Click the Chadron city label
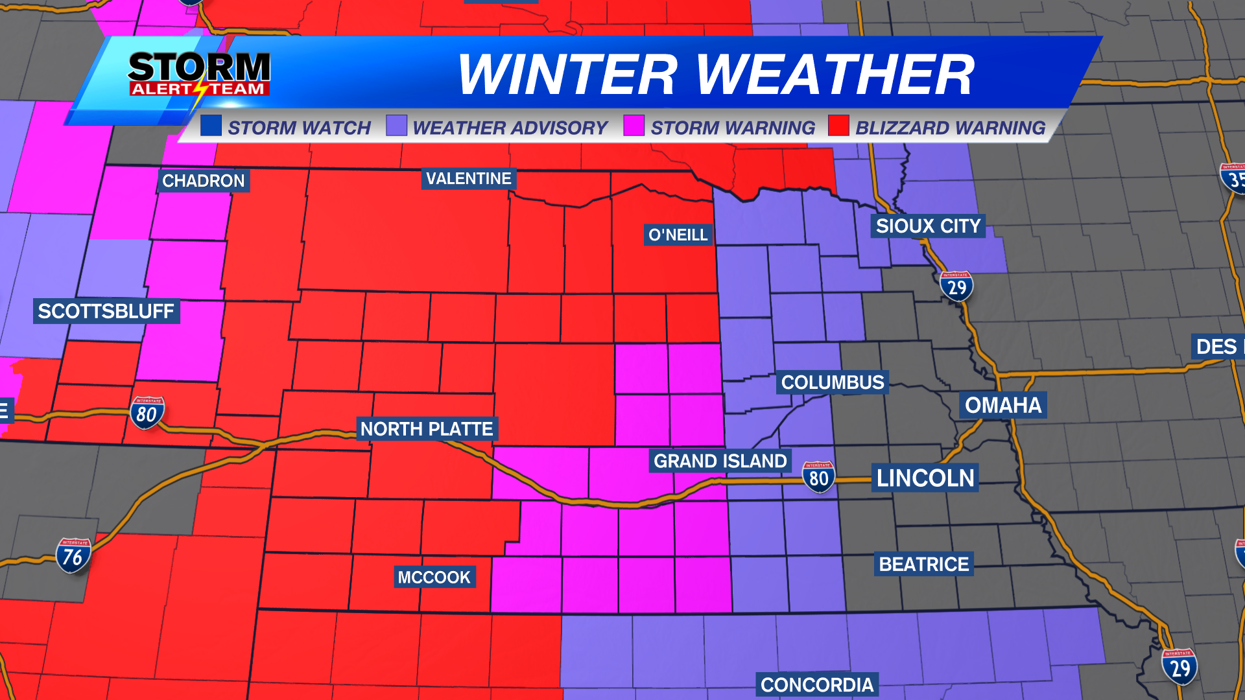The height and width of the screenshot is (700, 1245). click(x=203, y=181)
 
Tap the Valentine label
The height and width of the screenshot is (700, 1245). click(x=468, y=178)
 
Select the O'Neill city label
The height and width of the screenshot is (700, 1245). click(x=678, y=235)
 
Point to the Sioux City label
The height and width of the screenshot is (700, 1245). click(x=928, y=226)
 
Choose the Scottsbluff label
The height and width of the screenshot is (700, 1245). click(x=106, y=311)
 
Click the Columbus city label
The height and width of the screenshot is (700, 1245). click(x=833, y=382)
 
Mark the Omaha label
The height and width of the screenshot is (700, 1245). click(x=1002, y=405)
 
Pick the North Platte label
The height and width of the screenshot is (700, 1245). click(x=427, y=429)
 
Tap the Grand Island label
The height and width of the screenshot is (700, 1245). click(x=720, y=461)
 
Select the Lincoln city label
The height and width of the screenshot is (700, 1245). click(x=925, y=478)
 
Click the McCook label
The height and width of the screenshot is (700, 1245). click(x=434, y=577)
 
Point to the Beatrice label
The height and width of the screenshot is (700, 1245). click(x=924, y=564)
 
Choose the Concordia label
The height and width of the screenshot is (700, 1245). click(x=817, y=685)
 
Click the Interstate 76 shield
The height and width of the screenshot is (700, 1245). click(x=73, y=556)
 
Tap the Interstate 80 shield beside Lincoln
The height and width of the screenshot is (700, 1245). click(x=818, y=478)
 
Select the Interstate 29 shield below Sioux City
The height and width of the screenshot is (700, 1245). click(x=956, y=286)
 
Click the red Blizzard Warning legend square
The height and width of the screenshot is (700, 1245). click(x=838, y=126)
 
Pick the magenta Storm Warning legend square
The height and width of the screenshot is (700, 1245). click(x=634, y=126)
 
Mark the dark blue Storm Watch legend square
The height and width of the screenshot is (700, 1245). click(x=211, y=126)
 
